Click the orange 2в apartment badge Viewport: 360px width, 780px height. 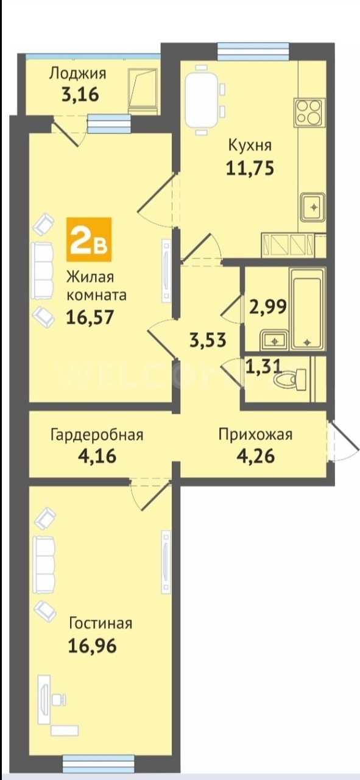[x=89, y=239]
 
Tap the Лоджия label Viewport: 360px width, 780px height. [x=77, y=74]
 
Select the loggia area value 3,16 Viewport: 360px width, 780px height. [x=80, y=94]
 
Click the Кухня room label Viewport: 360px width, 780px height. [x=250, y=146]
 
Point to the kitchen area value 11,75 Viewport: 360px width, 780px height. [x=250, y=168]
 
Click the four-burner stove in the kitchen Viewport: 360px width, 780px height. [x=308, y=113]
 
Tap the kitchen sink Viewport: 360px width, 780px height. [x=314, y=207]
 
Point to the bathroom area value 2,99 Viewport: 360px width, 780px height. [x=268, y=307]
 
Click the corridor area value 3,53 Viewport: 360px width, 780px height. [x=208, y=340]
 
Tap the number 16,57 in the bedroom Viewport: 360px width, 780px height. [x=90, y=317]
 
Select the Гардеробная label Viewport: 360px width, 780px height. [x=97, y=435]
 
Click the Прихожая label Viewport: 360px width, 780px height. [x=256, y=434]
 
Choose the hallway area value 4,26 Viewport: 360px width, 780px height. [x=256, y=456]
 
